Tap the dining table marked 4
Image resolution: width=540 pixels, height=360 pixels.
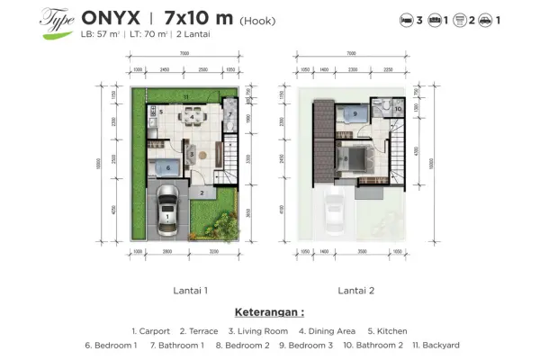[x=190, y=116]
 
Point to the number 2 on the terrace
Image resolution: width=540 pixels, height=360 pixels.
[x=202, y=193]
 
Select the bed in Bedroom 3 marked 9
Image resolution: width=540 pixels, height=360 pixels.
[x=355, y=114]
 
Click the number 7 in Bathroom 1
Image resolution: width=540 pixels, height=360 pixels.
[x=228, y=116]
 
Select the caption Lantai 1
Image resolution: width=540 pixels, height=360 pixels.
[x=190, y=291]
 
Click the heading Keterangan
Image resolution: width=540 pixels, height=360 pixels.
[x=269, y=313]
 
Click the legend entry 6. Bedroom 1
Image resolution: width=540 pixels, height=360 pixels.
[x=112, y=345]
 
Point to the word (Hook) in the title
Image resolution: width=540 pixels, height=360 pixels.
[x=258, y=18]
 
